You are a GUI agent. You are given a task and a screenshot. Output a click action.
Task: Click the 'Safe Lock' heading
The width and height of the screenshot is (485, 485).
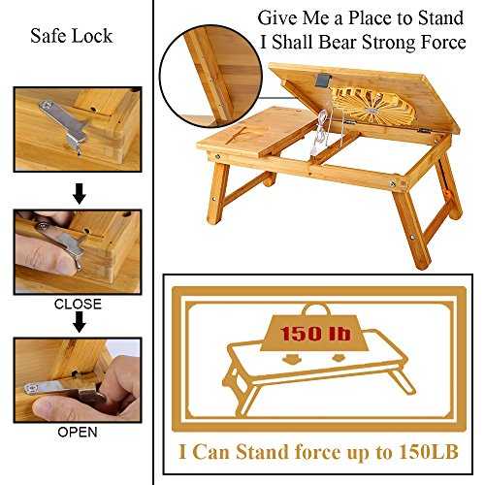(72, 36)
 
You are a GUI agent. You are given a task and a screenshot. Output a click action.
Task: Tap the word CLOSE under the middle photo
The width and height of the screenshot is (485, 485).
(78, 304)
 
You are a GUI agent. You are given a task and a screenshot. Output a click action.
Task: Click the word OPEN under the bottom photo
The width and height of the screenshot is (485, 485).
(78, 432)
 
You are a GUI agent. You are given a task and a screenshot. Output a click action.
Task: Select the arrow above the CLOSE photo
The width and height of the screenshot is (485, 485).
(79, 194)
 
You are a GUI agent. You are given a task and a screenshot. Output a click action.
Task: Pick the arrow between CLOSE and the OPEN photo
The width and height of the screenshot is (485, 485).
(79, 322)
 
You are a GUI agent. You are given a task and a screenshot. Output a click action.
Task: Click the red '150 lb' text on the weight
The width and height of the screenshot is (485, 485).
(315, 333)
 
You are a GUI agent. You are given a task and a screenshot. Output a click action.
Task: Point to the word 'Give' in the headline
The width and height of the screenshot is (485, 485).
(277, 17)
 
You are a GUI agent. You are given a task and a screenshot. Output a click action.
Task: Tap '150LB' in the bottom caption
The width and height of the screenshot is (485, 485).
(429, 451)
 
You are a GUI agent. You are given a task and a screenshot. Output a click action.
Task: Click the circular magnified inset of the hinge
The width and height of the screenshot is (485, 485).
(210, 76)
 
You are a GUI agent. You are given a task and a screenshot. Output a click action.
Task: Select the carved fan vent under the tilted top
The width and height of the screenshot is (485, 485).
(373, 106)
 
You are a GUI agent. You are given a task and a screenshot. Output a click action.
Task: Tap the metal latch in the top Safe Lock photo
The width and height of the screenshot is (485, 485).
(65, 124)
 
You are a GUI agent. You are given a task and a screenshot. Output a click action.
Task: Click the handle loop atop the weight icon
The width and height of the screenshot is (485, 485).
(316, 309)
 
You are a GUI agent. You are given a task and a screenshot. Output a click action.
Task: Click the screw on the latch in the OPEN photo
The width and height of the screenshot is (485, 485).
(31, 389)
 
